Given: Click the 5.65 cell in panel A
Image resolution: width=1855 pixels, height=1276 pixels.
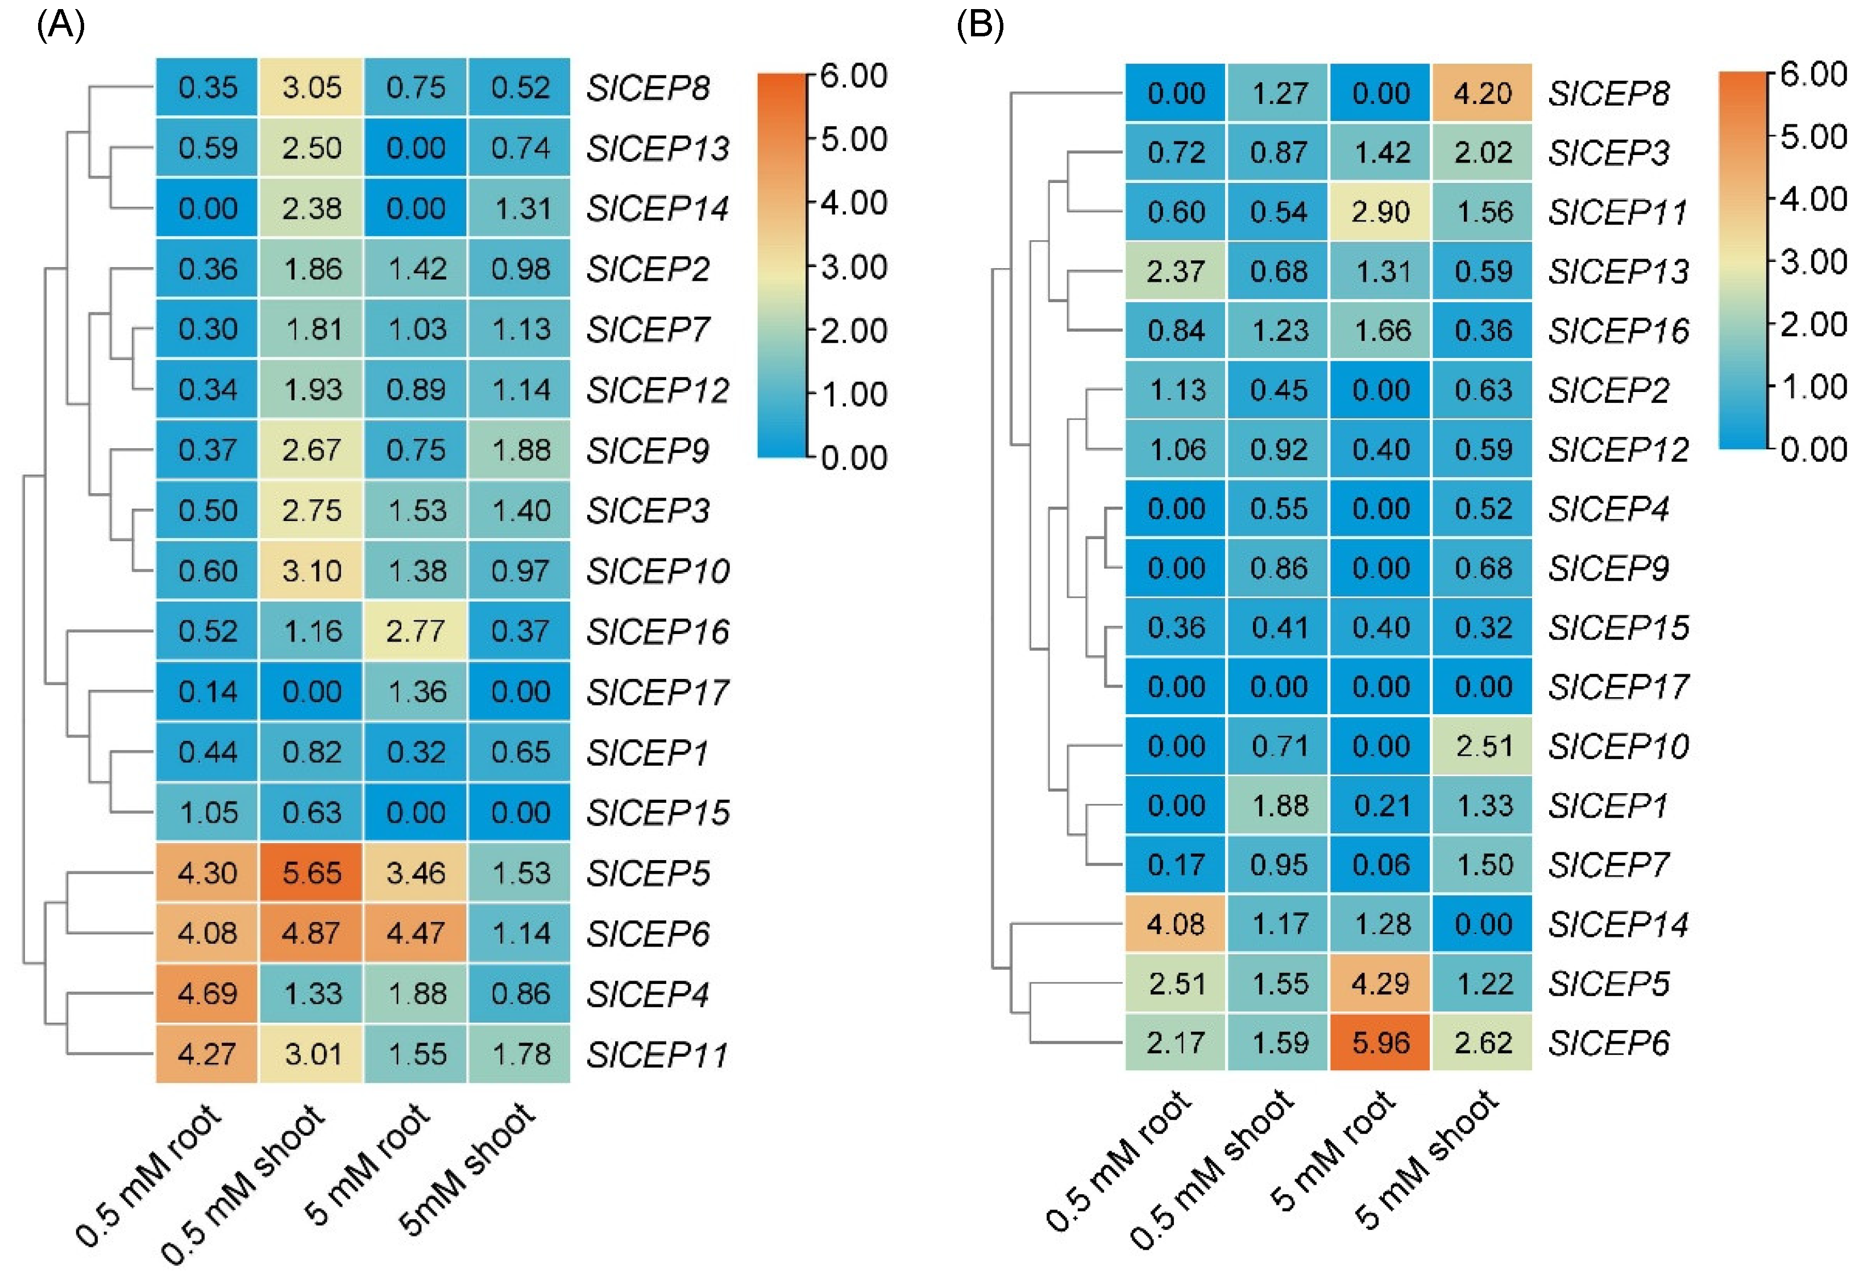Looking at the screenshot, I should (311, 872).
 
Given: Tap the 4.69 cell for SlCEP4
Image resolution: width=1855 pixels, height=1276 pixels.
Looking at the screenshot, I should (207, 993).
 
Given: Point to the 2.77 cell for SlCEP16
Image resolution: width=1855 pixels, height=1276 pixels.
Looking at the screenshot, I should (415, 631).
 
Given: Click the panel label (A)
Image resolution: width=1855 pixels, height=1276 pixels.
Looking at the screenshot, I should (61, 26).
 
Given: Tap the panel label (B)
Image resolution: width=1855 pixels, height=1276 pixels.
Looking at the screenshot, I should (980, 26).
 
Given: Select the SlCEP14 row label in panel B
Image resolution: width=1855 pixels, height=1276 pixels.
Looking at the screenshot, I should (1617, 924).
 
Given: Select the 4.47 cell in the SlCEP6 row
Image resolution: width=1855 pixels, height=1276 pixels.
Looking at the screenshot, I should (415, 933).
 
